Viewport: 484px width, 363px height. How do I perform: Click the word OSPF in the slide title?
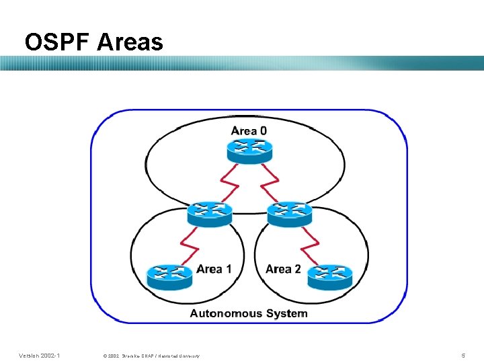[56, 42]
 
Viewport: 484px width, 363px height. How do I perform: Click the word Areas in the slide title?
[130, 42]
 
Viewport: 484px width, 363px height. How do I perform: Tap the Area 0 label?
[249, 130]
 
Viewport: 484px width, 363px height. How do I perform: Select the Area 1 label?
[214, 269]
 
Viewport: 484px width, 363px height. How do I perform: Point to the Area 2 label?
[283, 269]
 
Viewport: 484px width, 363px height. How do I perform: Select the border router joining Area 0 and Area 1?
[210, 213]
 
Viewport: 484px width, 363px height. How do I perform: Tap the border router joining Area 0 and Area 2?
[289, 213]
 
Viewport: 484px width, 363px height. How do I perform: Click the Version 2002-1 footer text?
[39, 355]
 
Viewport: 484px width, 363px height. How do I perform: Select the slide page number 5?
[462, 355]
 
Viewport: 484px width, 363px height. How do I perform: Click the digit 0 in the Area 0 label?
[263, 130]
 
